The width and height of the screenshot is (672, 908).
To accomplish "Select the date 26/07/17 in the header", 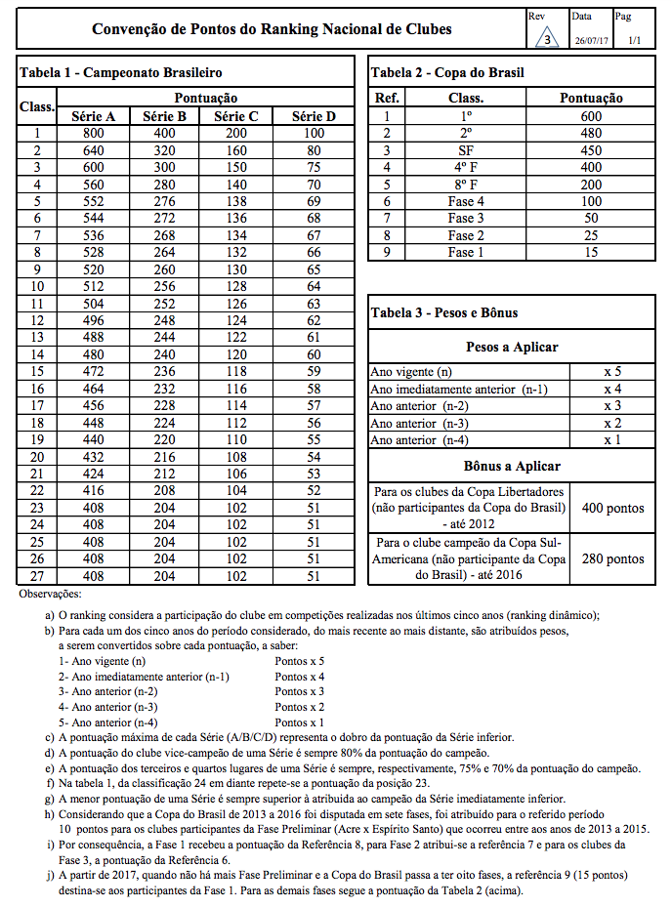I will point(591,40).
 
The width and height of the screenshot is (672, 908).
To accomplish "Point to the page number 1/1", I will point(635,40).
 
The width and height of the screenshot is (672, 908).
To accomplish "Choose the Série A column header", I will point(94,116).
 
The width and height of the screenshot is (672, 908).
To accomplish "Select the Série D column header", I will point(314,116).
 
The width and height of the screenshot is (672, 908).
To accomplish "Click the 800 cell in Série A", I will point(94,134).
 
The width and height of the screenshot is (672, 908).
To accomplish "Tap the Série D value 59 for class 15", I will point(314,371).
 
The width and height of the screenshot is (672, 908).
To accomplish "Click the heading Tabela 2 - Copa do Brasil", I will point(448,73).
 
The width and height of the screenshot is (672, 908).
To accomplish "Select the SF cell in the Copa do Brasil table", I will point(466,150).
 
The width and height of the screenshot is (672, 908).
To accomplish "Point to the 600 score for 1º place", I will point(591,116).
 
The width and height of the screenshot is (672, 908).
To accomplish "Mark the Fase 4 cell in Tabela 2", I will point(466,201).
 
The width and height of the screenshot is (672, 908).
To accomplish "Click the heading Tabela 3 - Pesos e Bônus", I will point(444,312).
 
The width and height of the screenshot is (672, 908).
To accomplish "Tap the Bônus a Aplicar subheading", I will point(512,466).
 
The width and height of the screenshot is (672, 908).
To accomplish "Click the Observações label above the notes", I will point(51,594).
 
